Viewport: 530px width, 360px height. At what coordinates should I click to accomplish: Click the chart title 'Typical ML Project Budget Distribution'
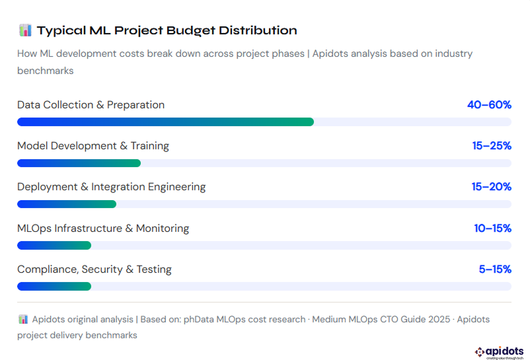(x=167, y=30)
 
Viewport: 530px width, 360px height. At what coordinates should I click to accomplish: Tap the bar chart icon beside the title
(x=25, y=30)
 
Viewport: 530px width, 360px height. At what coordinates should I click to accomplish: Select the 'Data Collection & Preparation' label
(x=91, y=105)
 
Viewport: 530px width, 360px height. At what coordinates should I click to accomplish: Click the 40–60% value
(x=489, y=105)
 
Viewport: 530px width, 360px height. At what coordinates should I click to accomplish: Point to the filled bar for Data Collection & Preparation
(x=165, y=122)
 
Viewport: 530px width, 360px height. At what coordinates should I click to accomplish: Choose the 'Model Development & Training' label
(x=93, y=146)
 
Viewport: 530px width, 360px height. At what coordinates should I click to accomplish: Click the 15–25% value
(x=492, y=146)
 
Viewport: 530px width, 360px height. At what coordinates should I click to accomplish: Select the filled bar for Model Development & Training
(x=79, y=163)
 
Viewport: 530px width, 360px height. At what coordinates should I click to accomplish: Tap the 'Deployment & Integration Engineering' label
(x=111, y=187)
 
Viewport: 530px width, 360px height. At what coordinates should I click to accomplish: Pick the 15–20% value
(x=491, y=187)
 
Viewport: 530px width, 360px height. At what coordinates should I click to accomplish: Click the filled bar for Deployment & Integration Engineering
(x=67, y=204)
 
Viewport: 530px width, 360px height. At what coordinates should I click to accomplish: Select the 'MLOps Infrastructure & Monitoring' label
(x=103, y=229)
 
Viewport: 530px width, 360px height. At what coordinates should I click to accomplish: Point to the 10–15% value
(x=492, y=229)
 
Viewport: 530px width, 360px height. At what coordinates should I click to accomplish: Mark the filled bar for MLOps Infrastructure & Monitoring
(x=54, y=246)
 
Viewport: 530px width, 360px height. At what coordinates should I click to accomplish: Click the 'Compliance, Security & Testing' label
(x=95, y=270)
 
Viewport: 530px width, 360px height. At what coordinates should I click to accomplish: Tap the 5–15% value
(x=495, y=270)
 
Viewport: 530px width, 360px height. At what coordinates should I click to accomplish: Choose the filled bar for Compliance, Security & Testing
(x=54, y=287)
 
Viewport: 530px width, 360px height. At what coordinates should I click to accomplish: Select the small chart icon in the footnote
(x=23, y=319)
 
